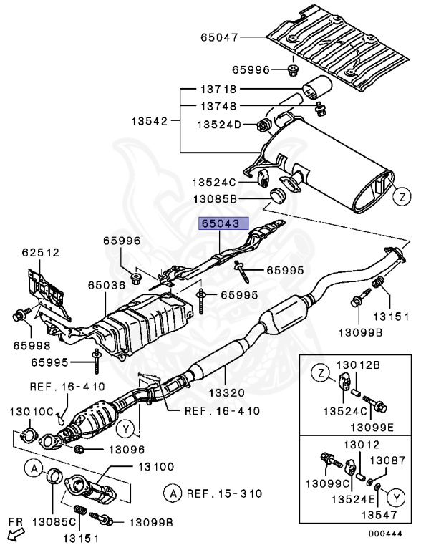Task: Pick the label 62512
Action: click(x=40, y=252)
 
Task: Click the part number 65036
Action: click(x=108, y=285)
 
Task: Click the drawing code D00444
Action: click(x=387, y=534)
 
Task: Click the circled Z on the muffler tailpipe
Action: click(x=402, y=195)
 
